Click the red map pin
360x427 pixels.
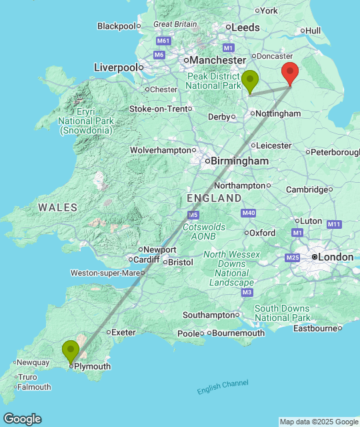pyautogui.click(x=289, y=73)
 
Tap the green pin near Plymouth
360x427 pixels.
pyautogui.click(x=71, y=351)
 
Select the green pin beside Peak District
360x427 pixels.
pyautogui.click(x=250, y=81)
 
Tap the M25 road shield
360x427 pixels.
pyautogui.click(x=292, y=258)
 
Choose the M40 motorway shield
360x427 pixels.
pyautogui.click(x=249, y=213)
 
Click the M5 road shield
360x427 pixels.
pyautogui.click(x=193, y=215)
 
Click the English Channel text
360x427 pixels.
pyautogui.click(x=223, y=387)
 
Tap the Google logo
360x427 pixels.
pyautogui.click(x=21, y=419)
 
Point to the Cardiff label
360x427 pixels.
pyautogui.click(x=146, y=260)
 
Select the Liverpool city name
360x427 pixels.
pyautogui.click(x=115, y=67)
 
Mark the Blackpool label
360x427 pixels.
pyautogui.click(x=116, y=25)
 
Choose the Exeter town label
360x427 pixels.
pyautogui.click(x=123, y=332)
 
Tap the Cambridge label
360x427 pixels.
pyautogui.click(x=307, y=189)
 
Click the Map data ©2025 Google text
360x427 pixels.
pyautogui.click(x=318, y=422)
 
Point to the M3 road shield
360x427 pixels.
pyautogui.click(x=247, y=292)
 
